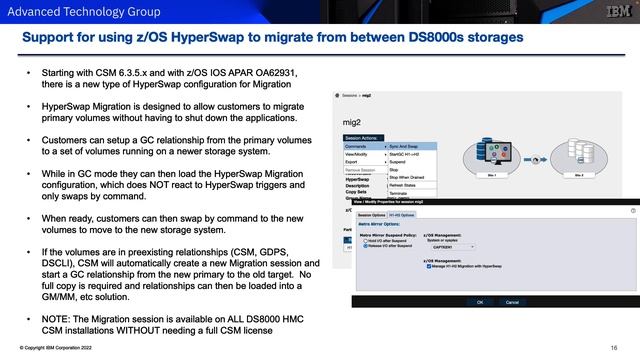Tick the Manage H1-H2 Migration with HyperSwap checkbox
[x=429, y=266]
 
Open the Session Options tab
[x=372, y=214]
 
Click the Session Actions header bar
[x=363, y=137]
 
